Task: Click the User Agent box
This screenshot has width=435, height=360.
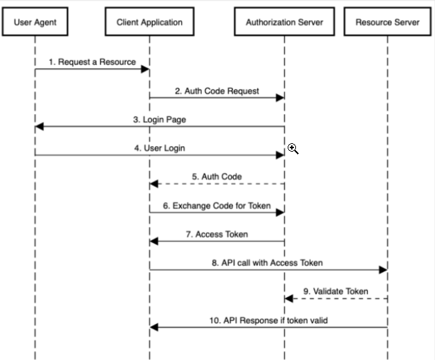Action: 35,21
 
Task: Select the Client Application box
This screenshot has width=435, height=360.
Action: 149,21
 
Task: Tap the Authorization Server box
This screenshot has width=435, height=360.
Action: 284,21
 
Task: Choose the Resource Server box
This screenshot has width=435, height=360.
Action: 387,21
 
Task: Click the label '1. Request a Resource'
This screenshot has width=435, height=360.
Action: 93,62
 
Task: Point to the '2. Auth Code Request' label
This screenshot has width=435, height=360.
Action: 217,91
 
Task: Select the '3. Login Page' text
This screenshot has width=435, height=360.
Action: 160,120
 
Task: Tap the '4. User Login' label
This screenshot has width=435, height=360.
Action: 160,148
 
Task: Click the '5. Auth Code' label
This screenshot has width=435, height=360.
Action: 217,177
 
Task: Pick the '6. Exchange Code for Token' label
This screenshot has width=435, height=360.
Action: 217,206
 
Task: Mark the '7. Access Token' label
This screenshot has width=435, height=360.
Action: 217,235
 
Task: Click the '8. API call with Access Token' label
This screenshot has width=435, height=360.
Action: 268,263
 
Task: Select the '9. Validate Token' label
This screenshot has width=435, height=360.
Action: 336,291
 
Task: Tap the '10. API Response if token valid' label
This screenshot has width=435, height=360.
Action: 268,321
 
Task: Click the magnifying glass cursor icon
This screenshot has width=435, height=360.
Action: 293,149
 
